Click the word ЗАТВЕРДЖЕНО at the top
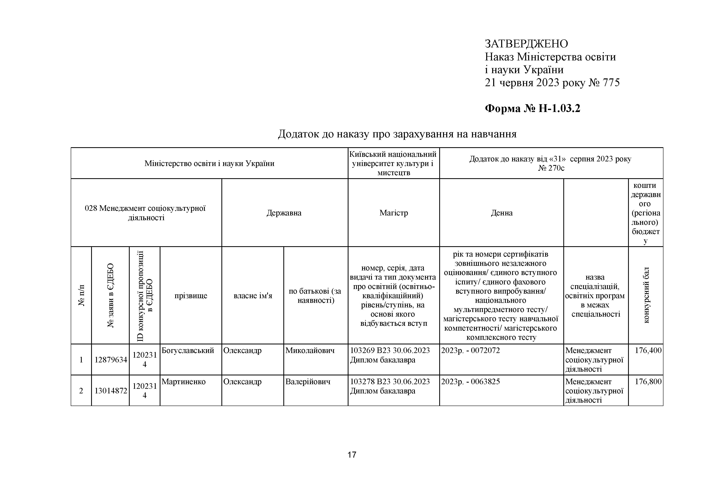526,44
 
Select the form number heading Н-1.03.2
533,108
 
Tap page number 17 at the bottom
352,455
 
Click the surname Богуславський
188,351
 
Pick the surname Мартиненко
183,382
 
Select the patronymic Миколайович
310,351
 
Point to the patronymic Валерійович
308,382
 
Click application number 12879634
111,360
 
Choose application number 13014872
111,391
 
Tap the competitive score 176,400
648,351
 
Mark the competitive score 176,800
648,382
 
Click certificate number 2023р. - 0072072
470,351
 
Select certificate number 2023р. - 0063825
470,382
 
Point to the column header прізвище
191,296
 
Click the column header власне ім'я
253,296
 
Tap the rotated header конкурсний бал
646,295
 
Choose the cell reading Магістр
393,213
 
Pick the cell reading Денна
502,213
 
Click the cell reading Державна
284,213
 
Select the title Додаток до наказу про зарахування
397,134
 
